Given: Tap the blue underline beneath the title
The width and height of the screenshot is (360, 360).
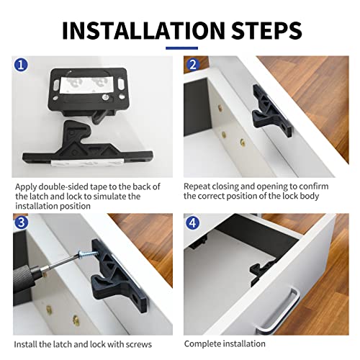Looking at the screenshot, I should coord(181,48).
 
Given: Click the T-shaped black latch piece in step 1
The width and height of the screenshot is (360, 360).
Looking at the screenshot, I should coord(86,144).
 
